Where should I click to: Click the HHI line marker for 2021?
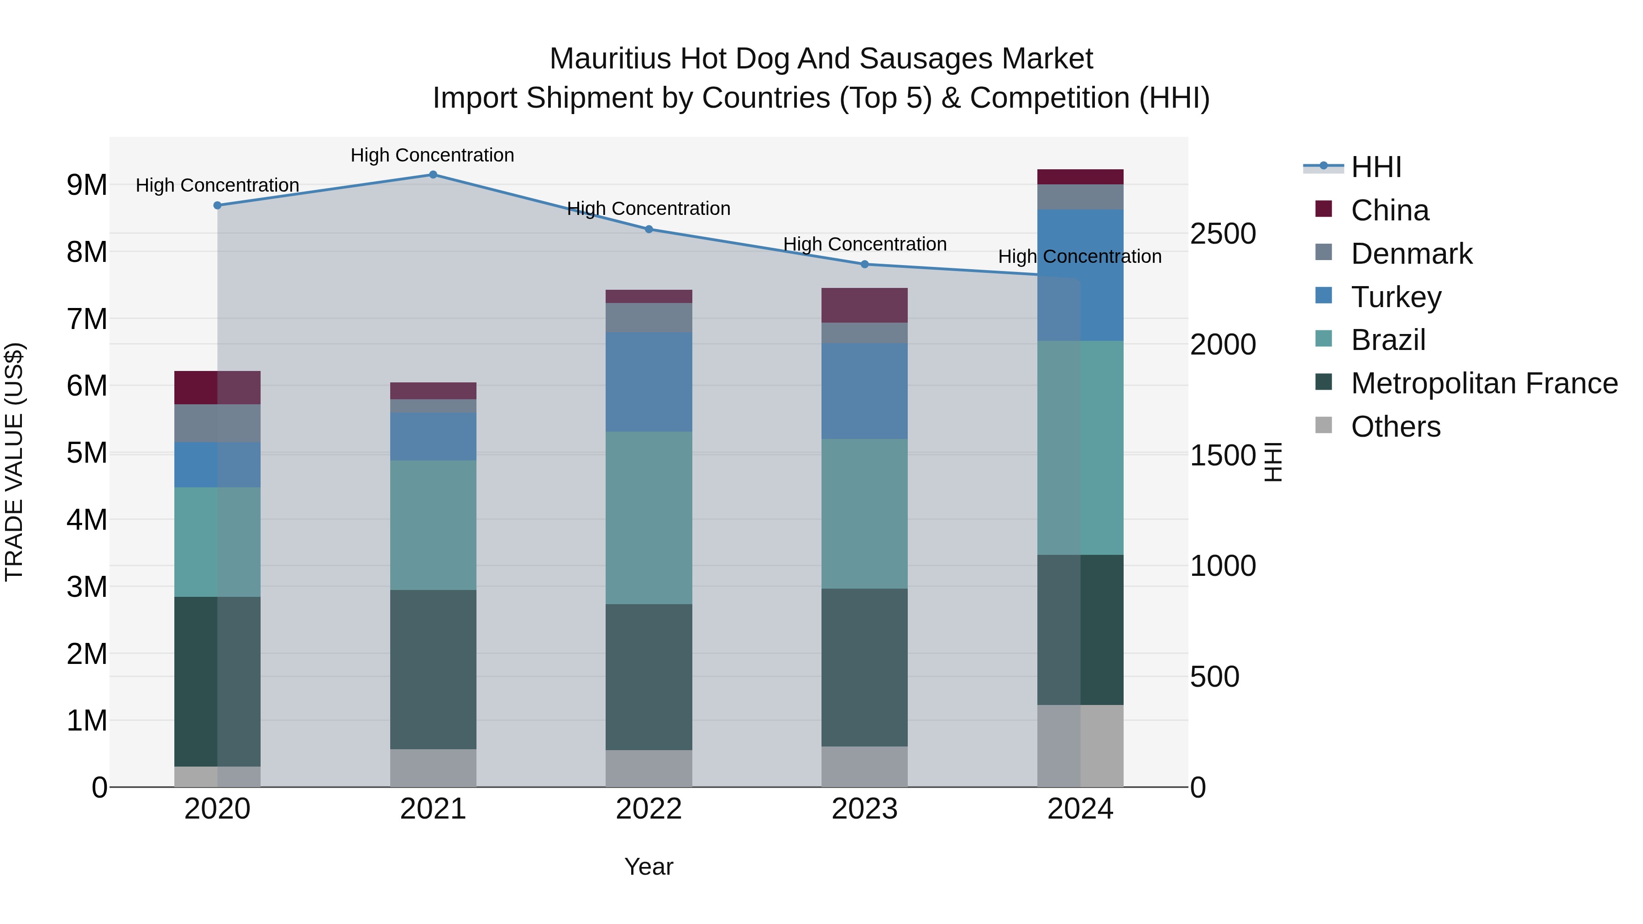pyautogui.click(x=433, y=175)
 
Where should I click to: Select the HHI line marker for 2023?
pyautogui.click(x=865, y=264)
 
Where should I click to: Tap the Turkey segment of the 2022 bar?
pyautogui.click(x=649, y=381)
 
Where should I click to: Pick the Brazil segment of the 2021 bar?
pyautogui.click(x=433, y=525)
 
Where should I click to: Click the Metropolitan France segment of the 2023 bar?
pyautogui.click(x=865, y=667)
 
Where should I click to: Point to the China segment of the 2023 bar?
pyautogui.click(x=865, y=305)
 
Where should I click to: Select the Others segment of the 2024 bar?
pyautogui.click(x=1080, y=746)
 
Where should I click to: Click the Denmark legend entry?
pyautogui.click(x=1412, y=254)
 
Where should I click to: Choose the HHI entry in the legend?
pyautogui.click(x=1376, y=167)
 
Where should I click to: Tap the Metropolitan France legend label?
pyautogui.click(x=1484, y=383)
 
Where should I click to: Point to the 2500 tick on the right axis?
pyautogui.click(x=1223, y=234)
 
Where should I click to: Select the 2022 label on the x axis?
pyautogui.click(x=649, y=809)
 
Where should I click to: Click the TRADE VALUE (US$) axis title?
pyautogui.click(x=15, y=462)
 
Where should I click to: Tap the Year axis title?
pyautogui.click(x=649, y=867)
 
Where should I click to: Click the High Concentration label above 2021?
pyautogui.click(x=433, y=155)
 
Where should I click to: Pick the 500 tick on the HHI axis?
pyautogui.click(x=1214, y=677)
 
